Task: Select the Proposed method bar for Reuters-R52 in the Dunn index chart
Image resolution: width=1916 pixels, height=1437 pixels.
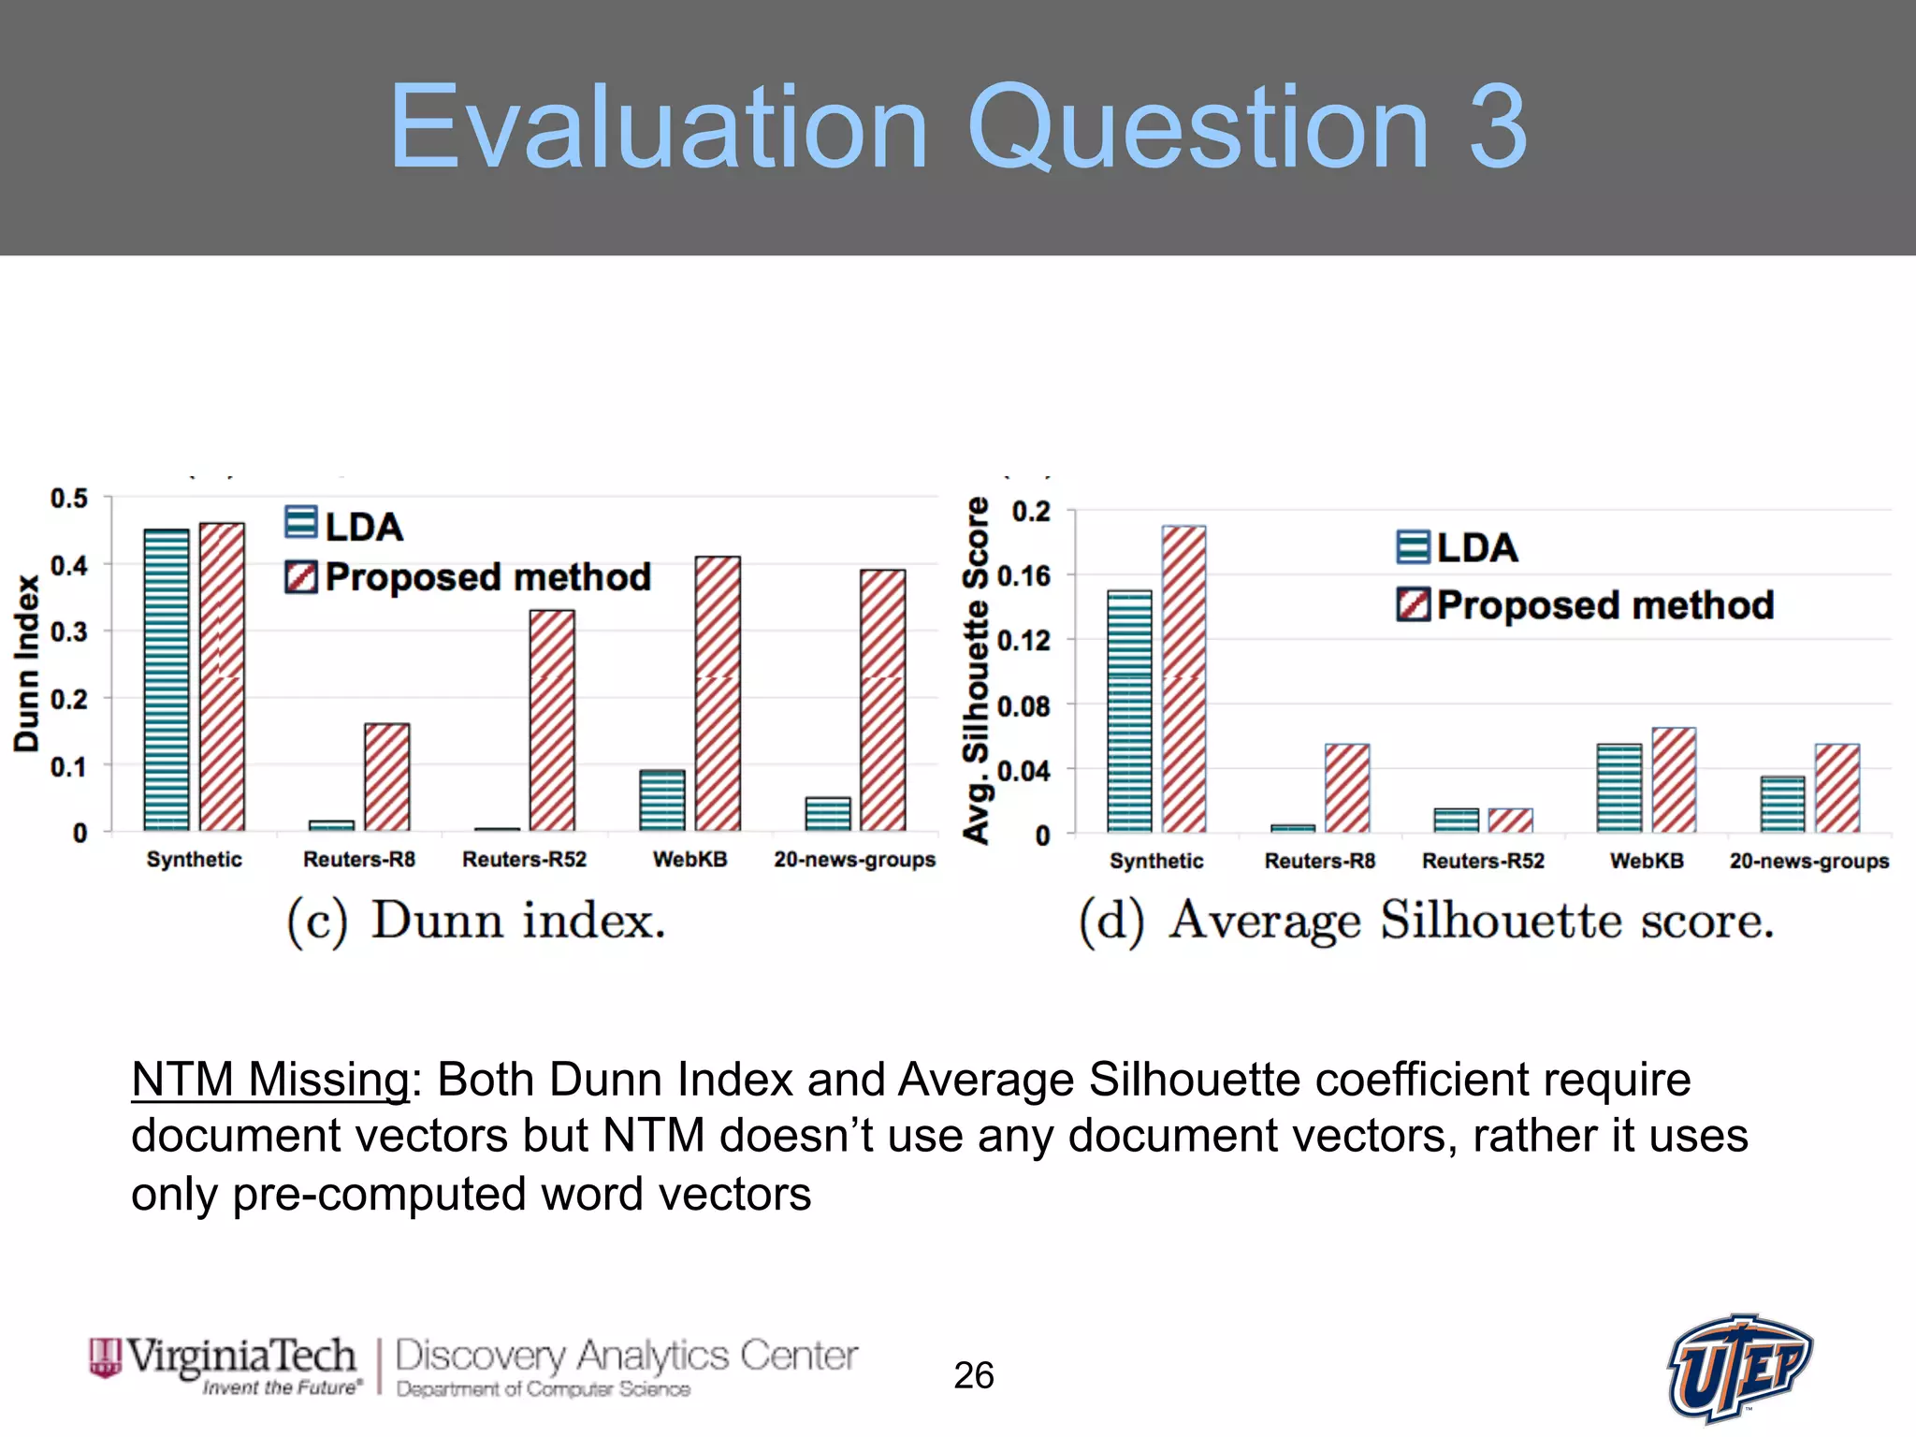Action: point(552,720)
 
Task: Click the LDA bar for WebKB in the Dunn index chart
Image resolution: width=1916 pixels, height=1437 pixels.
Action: point(661,801)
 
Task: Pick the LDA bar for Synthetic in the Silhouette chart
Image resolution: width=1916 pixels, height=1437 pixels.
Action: point(1129,711)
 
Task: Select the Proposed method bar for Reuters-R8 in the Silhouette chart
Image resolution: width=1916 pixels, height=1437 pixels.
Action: point(1346,788)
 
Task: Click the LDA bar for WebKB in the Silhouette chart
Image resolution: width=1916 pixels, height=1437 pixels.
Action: point(1618,788)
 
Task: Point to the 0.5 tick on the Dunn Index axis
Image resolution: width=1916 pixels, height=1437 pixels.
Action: point(69,499)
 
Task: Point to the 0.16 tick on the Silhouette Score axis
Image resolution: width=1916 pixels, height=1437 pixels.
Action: point(1023,576)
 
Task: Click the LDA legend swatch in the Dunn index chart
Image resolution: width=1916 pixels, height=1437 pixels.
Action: point(301,523)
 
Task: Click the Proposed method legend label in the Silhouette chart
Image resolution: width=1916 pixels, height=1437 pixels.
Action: point(1604,605)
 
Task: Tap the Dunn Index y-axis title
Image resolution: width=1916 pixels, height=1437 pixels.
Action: point(27,662)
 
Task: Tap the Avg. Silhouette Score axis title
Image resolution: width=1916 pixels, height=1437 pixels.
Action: point(976,670)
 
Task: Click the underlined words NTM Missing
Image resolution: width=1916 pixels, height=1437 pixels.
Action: point(269,1081)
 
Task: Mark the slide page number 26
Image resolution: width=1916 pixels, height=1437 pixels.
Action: point(973,1375)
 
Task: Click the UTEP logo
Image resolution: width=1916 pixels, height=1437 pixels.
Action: point(1739,1367)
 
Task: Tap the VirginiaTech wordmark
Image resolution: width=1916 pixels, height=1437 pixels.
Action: point(241,1356)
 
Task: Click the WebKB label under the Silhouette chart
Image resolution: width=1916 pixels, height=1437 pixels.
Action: point(1646,861)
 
